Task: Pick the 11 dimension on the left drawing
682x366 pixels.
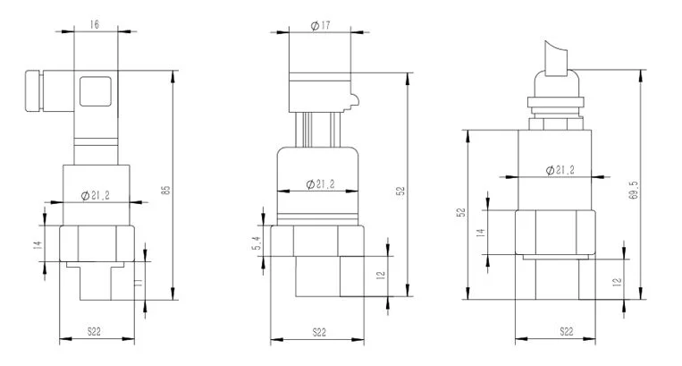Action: coord(139,284)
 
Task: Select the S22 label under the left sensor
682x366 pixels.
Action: coord(94,331)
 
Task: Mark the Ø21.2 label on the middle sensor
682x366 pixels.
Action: coord(319,183)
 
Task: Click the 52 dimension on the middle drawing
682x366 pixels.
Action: coord(400,191)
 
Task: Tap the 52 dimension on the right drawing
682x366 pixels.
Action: coord(460,213)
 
